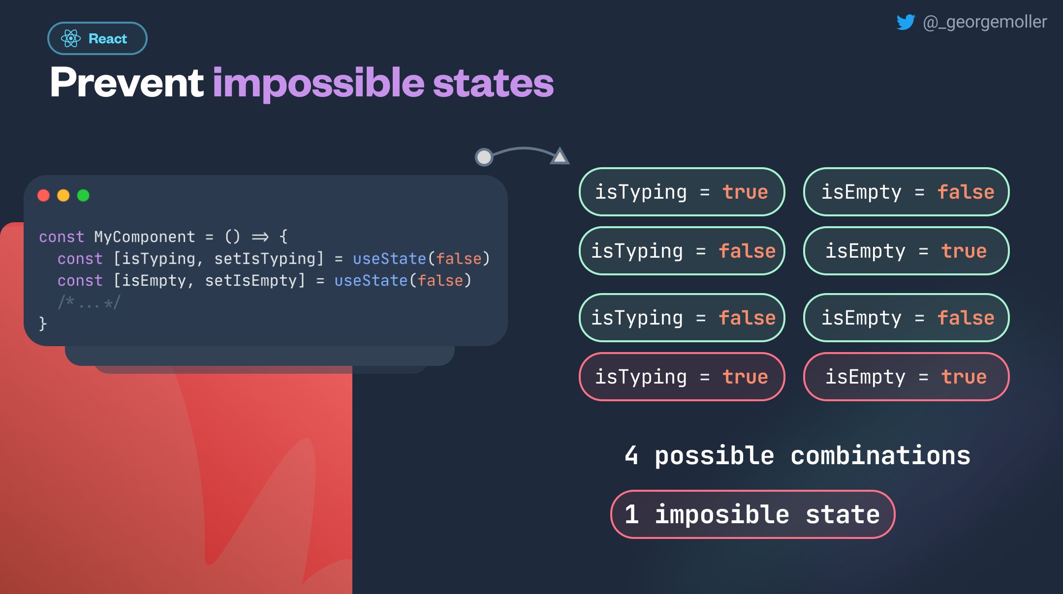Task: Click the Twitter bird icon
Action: tap(906, 22)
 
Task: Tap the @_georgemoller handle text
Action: tap(985, 22)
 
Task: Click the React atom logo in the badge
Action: tap(71, 38)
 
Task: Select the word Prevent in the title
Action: tap(127, 82)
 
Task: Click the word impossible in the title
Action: tap(318, 84)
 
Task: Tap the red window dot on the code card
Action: tap(44, 195)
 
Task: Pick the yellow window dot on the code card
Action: tap(63, 195)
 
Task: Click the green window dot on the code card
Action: tap(83, 195)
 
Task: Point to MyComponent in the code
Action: tap(145, 237)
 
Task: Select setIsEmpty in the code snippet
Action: tap(250, 281)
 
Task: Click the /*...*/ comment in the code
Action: tap(89, 302)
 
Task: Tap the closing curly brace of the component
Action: tap(43, 324)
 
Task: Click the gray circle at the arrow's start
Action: tap(484, 157)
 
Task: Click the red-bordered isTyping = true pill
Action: tap(682, 377)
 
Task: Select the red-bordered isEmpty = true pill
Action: tap(907, 377)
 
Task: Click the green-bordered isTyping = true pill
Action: tap(682, 192)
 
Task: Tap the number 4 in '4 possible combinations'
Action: tap(631, 455)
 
